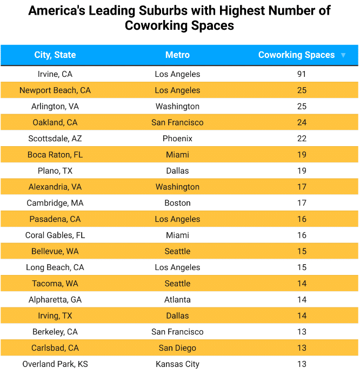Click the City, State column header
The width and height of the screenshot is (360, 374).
coord(55,55)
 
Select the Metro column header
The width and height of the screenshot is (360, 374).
coord(177,55)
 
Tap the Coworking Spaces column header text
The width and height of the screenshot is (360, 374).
coord(296,55)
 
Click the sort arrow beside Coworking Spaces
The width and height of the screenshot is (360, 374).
coord(343,55)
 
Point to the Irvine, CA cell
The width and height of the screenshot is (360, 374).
coord(55,74)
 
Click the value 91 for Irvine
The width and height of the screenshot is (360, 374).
coord(302,74)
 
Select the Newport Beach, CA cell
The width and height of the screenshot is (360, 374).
coord(55,90)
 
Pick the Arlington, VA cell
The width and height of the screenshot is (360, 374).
coord(55,106)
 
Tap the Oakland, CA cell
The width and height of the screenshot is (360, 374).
coord(55,122)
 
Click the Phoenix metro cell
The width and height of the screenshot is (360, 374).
coord(177,139)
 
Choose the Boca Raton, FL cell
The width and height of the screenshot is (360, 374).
coord(55,155)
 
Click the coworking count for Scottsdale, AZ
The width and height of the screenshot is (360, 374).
coord(302,139)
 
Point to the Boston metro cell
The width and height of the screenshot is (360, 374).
coord(177,203)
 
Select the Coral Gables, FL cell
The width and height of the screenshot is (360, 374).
coord(55,235)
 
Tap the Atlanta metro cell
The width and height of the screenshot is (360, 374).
coord(177,300)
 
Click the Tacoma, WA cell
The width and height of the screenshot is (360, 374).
coord(55,284)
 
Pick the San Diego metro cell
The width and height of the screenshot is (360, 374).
coord(177,348)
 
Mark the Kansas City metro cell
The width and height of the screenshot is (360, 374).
coord(177,364)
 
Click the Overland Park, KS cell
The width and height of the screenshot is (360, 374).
coord(55,364)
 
